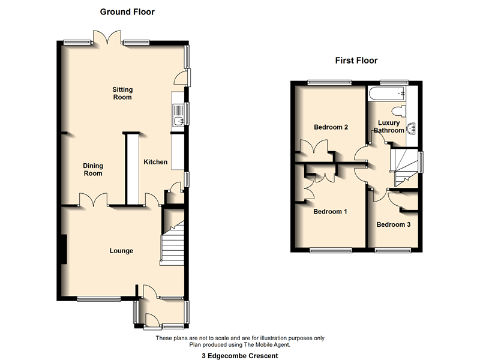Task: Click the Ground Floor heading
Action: point(127,12)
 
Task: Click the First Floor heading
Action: point(356,61)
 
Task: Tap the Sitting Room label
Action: point(122,94)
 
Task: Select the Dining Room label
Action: point(93,170)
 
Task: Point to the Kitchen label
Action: point(155,162)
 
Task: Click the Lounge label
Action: point(121,251)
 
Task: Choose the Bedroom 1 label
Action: point(329,212)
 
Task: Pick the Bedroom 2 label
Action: point(331,127)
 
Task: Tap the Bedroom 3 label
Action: point(394,225)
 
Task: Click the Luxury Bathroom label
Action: point(389,127)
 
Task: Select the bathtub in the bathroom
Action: point(387,94)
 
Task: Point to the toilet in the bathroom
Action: point(398,111)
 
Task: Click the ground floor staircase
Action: point(172,243)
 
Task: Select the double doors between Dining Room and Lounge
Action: point(94,200)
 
